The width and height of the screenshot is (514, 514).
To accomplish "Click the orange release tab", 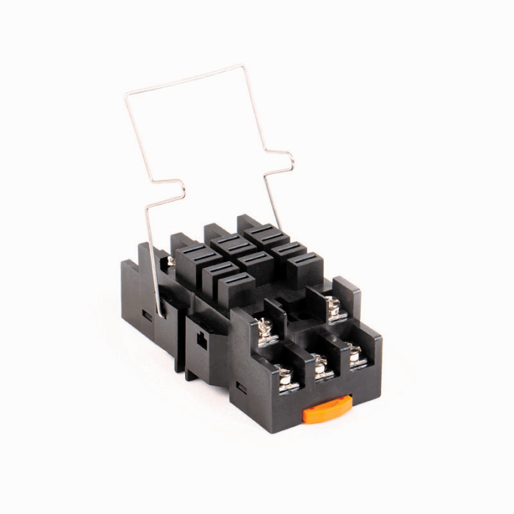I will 327,409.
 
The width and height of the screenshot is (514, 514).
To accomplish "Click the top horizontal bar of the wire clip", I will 187,79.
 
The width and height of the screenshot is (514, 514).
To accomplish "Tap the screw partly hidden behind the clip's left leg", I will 170,261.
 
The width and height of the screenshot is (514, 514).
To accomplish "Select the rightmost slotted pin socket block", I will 304,268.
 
